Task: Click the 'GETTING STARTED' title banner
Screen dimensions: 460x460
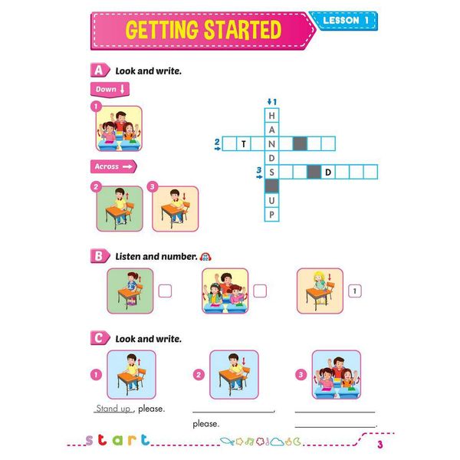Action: [203, 30]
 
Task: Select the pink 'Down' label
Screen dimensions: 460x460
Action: [110, 89]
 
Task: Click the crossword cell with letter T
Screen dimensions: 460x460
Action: [244, 143]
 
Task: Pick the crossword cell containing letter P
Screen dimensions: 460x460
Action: [271, 214]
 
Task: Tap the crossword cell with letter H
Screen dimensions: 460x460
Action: [271, 115]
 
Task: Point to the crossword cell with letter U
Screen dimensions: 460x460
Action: [271, 200]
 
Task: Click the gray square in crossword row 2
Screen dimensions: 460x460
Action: [300, 143]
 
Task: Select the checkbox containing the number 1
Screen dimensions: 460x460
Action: [355, 291]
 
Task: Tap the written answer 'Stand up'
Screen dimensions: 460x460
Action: [113, 409]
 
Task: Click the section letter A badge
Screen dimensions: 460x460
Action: [97, 70]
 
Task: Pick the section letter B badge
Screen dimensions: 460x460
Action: [97, 256]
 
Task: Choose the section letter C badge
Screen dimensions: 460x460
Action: [97, 337]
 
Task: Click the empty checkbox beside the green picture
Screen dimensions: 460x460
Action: [165, 291]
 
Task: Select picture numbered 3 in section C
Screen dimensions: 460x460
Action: [336, 374]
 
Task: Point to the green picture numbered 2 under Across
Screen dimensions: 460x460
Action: [120, 208]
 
